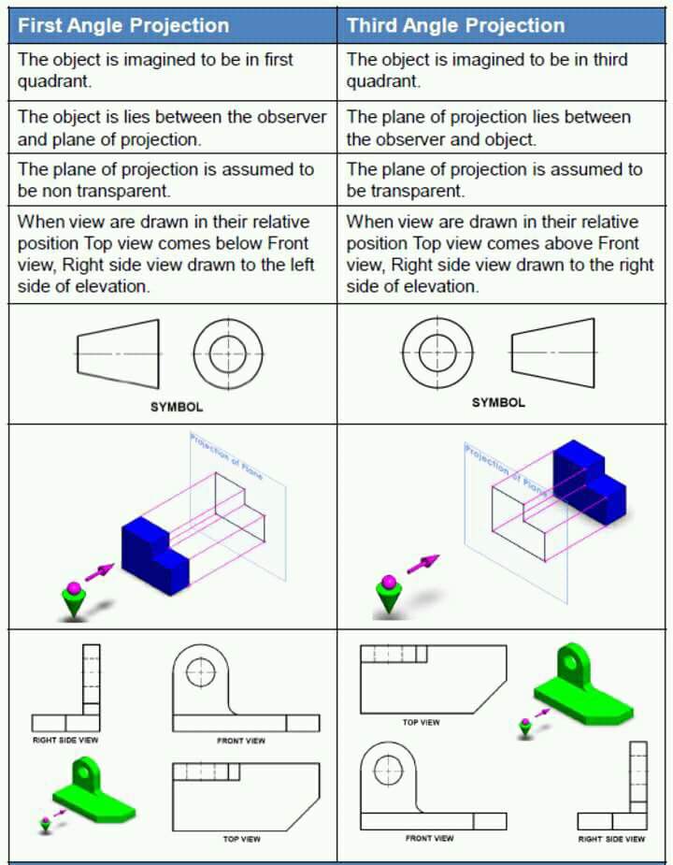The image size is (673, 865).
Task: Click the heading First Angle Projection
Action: pyautogui.click(x=123, y=25)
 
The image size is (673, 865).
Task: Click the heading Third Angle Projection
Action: pyautogui.click(x=455, y=25)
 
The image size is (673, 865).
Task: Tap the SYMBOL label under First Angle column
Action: pyautogui.click(x=176, y=407)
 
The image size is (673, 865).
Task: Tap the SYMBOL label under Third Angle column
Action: pyautogui.click(x=498, y=402)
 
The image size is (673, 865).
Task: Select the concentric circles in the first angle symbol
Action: pyautogui.click(x=227, y=354)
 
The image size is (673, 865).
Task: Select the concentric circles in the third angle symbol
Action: pyautogui.click(x=437, y=352)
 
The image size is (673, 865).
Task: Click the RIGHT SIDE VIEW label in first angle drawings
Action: pyautogui.click(x=65, y=740)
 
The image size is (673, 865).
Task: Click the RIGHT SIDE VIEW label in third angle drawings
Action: pyautogui.click(x=611, y=839)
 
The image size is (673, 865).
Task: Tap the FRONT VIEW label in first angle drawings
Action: pyautogui.click(x=241, y=741)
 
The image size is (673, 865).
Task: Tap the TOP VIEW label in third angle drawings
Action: pyautogui.click(x=421, y=722)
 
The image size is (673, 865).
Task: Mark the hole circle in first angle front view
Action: pyautogui.click(x=201, y=670)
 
